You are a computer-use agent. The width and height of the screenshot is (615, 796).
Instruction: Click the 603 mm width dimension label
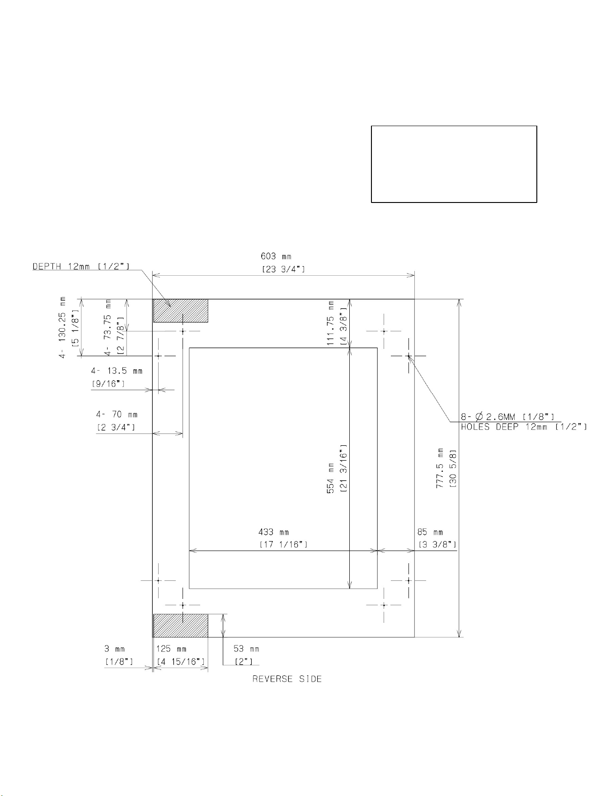276,256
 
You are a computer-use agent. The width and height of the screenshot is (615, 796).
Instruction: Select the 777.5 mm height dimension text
440,468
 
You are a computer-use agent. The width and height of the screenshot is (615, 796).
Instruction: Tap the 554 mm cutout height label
330,478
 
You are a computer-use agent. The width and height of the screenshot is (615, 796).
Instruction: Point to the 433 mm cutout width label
273,532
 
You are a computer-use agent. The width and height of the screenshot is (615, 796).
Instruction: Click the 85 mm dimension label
430,532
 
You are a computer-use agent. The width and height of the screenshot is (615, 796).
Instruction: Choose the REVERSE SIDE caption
287,679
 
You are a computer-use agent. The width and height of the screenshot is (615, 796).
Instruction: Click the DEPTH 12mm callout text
81,266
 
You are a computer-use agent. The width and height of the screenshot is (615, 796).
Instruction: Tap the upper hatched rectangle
181,311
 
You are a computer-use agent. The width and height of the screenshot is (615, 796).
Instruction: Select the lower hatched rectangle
181,626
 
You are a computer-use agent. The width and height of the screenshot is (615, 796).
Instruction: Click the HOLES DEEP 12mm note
524,427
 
